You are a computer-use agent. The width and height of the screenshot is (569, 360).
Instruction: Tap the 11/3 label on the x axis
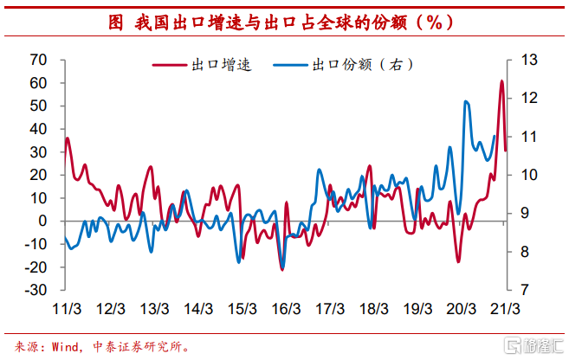point(68,309)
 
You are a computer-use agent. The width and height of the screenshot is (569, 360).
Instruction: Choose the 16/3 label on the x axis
point(286,309)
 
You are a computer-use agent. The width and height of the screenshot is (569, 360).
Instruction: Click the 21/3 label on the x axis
point(505,309)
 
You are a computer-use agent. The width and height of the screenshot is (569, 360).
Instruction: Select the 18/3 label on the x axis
point(373,309)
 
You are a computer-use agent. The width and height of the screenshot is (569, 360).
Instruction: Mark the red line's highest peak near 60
point(501,81)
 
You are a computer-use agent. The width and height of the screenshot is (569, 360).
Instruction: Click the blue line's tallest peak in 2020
point(467,101)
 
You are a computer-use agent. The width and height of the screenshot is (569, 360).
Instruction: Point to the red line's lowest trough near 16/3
point(281,269)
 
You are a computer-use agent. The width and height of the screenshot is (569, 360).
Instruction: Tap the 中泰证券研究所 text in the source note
point(143,345)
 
